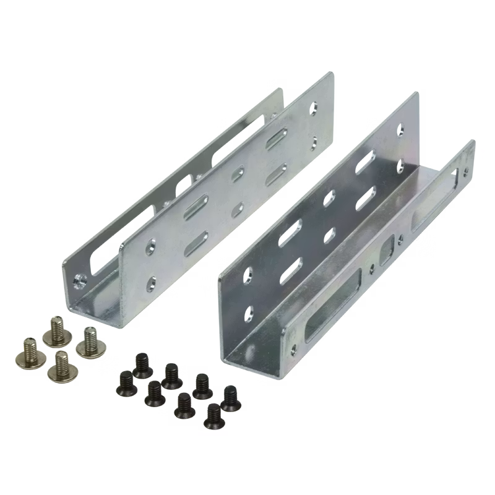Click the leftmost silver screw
coord(29,350)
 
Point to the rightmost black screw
coord(230,398)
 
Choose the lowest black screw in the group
coord(213,416)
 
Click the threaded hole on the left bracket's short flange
coord(79,280)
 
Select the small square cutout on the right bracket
coord(387,249)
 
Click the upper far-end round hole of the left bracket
coord(316,107)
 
